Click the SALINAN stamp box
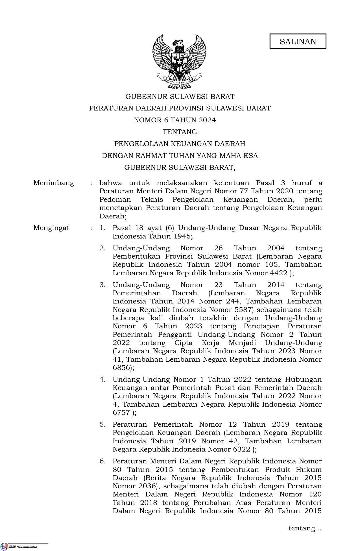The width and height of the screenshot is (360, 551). [x=298, y=42]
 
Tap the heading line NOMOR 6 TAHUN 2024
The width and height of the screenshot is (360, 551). [x=175, y=120]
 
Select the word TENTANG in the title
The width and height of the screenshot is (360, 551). [x=180, y=132]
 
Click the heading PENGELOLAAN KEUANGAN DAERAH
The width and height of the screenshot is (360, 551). [x=180, y=144]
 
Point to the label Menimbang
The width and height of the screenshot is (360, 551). [x=54, y=183]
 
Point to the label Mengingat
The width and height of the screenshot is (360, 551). [x=51, y=228]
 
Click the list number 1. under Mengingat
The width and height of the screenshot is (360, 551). [x=102, y=228]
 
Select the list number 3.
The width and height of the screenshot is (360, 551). [x=102, y=285]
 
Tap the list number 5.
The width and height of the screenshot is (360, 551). [x=102, y=424]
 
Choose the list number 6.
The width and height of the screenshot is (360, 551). [x=102, y=461]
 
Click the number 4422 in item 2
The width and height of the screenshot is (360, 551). [x=279, y=273]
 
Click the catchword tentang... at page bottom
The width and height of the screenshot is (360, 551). [x=305, y=528]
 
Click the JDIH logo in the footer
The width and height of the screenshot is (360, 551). [x=4, y=546]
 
